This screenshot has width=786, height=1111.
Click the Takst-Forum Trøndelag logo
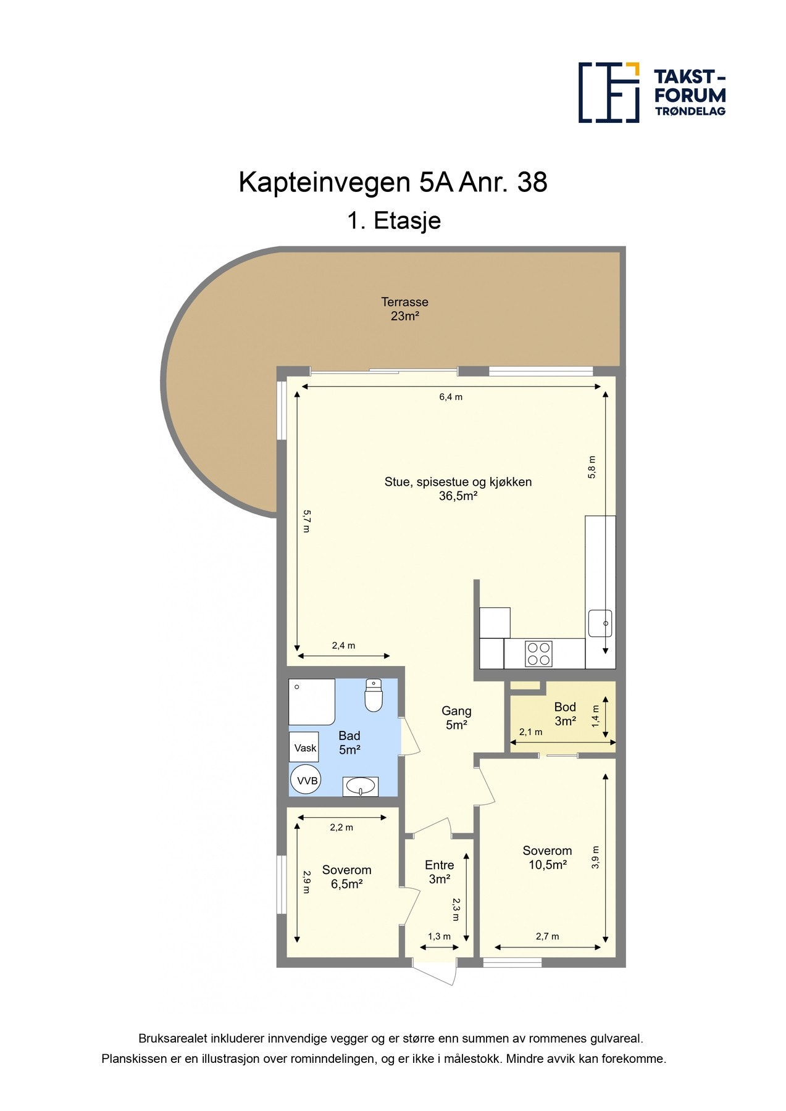[x=651, y=93]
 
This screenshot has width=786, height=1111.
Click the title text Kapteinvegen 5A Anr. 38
[x=393, y=183]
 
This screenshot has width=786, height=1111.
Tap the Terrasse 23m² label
[x=404, y=309]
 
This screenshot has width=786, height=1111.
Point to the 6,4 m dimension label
[x=451, y=397]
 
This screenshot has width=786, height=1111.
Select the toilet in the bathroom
[x=374, y=696]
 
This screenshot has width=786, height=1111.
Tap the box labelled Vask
[x=304, y=747]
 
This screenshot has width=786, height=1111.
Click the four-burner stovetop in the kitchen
[x=538, y=654]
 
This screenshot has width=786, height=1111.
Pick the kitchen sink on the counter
[x=600, y=623]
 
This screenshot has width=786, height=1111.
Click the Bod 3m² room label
[x=564, y=714]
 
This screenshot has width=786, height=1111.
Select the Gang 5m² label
[x=456, y=718]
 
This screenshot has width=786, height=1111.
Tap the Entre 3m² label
[x=439, y=872]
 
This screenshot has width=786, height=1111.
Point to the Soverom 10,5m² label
[x=547, y=857]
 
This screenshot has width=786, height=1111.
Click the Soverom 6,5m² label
[x=346, y=876]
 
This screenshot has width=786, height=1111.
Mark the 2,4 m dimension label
[x=343, y=646]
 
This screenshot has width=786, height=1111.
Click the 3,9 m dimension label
[x=595, y=857]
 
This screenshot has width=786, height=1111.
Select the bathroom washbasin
[x=360, y=786]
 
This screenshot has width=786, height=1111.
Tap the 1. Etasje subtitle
[x=393, y=220]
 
